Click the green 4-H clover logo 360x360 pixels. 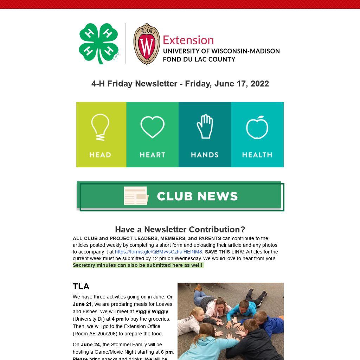[99, 44]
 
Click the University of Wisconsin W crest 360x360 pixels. [147, 44]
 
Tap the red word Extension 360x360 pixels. [188, 40]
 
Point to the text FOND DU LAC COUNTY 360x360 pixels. [199, 59]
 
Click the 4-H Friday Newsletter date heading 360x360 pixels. [180, 84]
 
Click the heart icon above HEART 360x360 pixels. [152, 127]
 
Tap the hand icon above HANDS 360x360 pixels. [205, 127]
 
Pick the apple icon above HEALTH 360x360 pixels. [257, 127]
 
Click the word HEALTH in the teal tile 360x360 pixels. [257, 155]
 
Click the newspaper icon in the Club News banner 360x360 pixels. [136, 196]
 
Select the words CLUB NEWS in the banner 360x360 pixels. [197, 196]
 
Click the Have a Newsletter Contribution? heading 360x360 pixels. [180, 230]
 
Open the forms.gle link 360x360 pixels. [159, 252]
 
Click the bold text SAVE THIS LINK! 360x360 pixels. [225, 252]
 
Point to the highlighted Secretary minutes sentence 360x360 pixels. [138, 265]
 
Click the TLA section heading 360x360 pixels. [81, 287]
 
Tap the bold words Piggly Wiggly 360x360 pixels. [152, 311]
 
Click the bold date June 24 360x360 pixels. [91, 345]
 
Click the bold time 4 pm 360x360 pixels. [117, 319]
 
